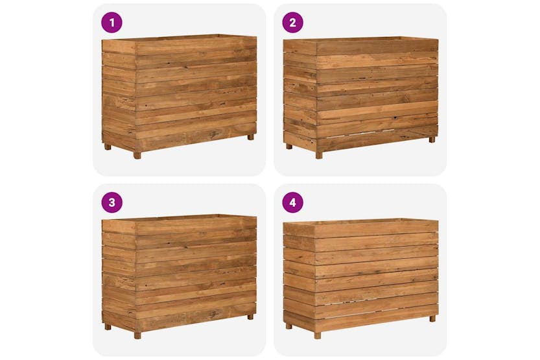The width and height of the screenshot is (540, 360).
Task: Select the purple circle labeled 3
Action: click(112, 202)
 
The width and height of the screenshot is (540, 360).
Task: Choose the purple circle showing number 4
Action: click(292, 202)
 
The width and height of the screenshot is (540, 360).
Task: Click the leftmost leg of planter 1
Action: click(108, 147)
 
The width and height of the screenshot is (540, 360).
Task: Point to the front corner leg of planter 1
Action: click(137, 154)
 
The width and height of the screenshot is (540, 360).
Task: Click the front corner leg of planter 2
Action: click(318, 155)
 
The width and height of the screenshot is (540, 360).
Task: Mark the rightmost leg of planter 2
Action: click(432, 139)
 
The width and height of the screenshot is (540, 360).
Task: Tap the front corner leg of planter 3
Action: click(137, 335)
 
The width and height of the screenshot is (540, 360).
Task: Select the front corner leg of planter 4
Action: click(318, 335)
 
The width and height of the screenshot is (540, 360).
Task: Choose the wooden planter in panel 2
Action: click(360, 94)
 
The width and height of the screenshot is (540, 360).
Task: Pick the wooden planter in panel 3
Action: click(179, 272)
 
